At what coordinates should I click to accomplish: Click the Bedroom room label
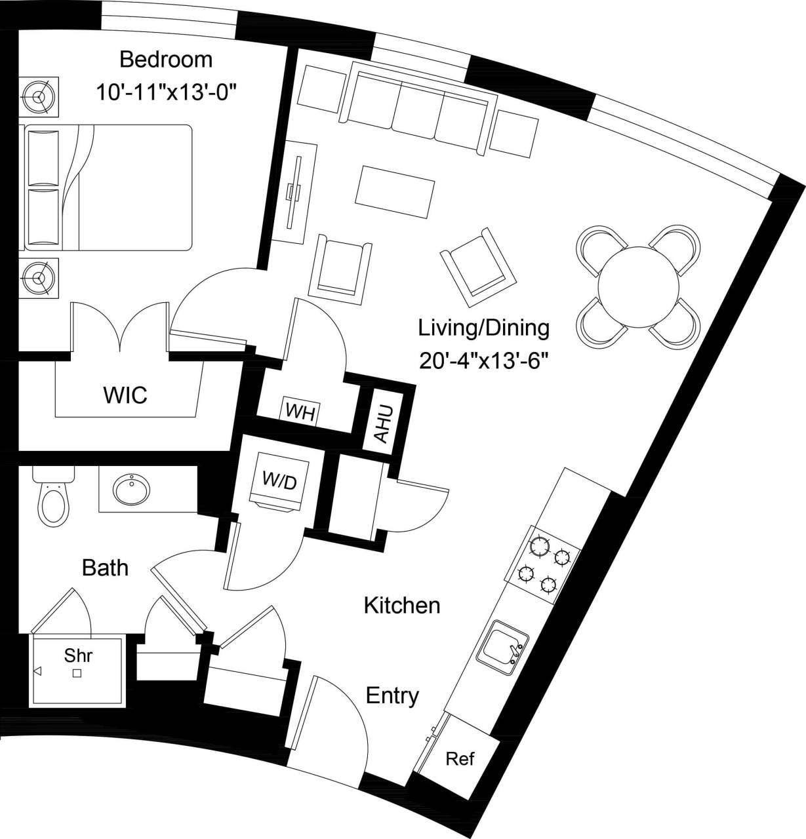[x=166, y=60]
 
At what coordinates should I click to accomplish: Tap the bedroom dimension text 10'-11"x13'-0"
[x=166, y=92]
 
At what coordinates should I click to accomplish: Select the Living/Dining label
[x=484, y=327]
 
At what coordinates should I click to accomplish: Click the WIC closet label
[x=125, y=395]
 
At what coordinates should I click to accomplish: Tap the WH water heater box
[x=300, y=412]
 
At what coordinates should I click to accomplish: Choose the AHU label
[x=382, y=423]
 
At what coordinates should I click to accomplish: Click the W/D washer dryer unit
[x=280, y=480]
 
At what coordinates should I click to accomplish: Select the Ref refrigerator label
[x=460, y=758]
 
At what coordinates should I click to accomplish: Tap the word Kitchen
[x=402, y=605]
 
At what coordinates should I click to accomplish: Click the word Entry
[x=392, y=695]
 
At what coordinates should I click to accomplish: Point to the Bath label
[x=105, y=568]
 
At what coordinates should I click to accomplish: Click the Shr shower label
[x=78, y=655]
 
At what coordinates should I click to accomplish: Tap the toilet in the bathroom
[x=52, y=502]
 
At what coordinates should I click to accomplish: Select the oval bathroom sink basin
[x=132, y=488]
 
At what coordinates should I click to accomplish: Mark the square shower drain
[x=77, y=673]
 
